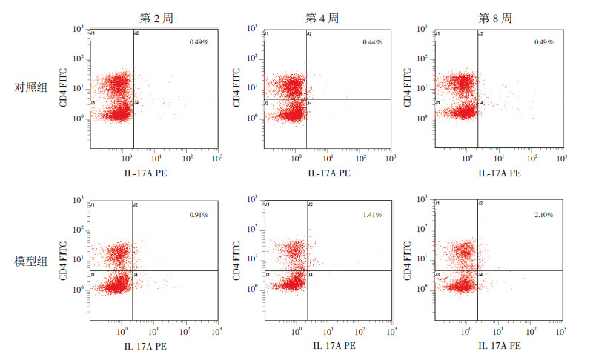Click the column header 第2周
pyautogui.click(x=153, y=17)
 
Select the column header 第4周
pyautogui.click(x=327, y=17)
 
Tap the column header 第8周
pyautogui.click(x=500, y=17)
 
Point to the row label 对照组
pyautogui.click(x=31, y=87)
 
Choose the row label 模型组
pyautogui.click(x=31, y=260)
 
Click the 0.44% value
pyautogui.click(x=372, y=42)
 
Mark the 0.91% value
pyautogui.click(x=199, y=215)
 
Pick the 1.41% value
pyautogui.click(x=372, y=215)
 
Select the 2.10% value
pyautogui.click(x=543, y=215)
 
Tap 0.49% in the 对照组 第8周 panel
pyautogui.click(x=543, y=42)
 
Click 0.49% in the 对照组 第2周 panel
pyautogui.click(x=199, y=42)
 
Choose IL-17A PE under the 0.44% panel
pyautogui.click(x=327, y=173)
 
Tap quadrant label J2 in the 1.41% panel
pyautogui.click(x=310, y=204)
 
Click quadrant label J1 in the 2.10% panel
pyautogui.click(x=439, y=204)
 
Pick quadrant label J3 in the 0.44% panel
pyautogui.click(x=268, y=103)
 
